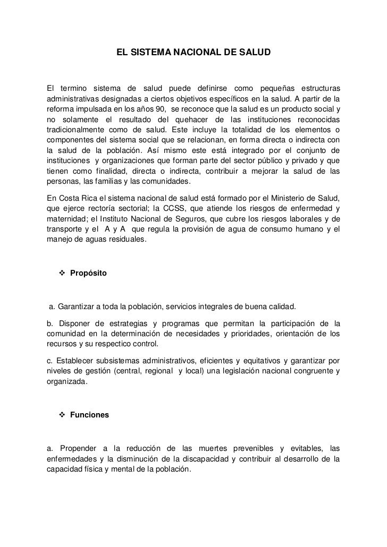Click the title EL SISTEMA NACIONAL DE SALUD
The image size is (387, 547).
tap(194, 53)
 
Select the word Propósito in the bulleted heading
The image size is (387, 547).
tap(88, 273)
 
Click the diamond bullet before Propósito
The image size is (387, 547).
tap(61, 273)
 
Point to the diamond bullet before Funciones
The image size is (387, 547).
tap(61, 415)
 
